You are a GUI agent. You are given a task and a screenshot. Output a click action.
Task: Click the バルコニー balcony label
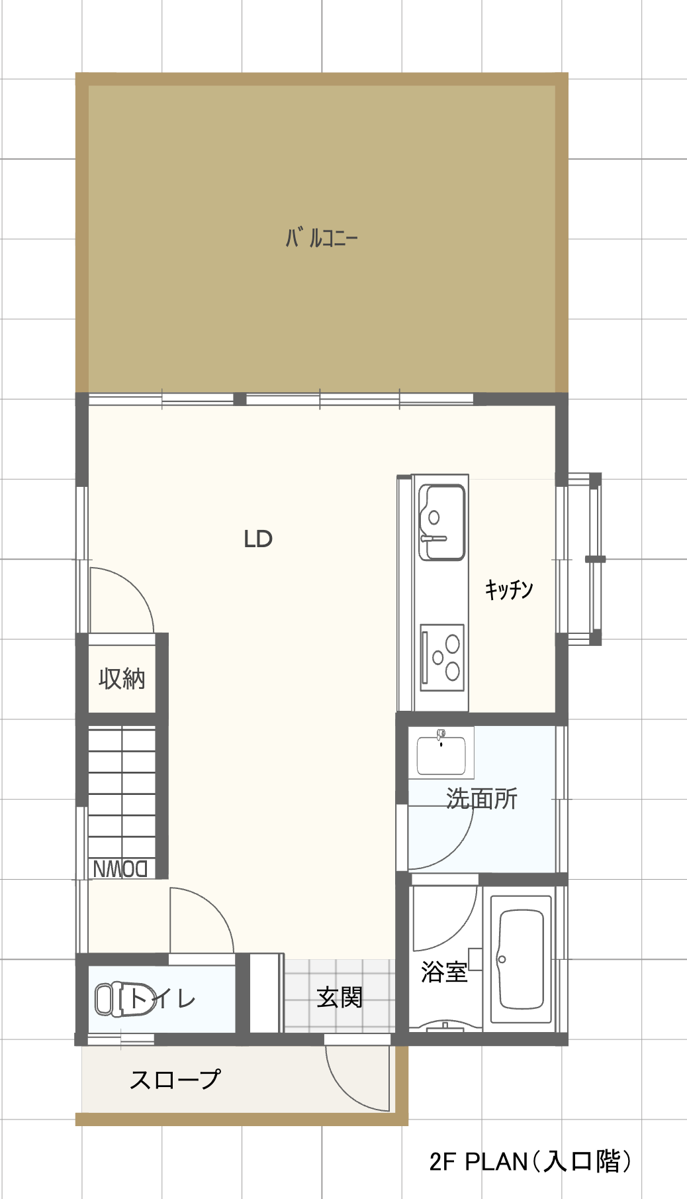click(322, 238)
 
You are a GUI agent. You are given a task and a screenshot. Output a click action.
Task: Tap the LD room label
click(258, 539)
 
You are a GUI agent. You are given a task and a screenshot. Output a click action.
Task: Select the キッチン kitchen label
click(509, 588)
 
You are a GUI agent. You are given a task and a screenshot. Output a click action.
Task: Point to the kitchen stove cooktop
click(442, 657)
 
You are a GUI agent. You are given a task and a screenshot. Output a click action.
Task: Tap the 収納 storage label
click(122, 678)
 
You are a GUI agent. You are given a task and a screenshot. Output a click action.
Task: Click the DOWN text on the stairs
click(120, 868)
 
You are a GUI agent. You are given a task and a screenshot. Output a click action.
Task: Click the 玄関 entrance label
click(340, 997)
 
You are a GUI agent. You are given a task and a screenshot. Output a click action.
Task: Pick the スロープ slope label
click(175, 1079)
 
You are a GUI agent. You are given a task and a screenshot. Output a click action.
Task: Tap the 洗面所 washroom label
click(482, 798)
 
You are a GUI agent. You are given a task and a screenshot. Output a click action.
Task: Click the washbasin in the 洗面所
click(441, 753)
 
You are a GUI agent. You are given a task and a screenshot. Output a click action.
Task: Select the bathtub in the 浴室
click(521, 960)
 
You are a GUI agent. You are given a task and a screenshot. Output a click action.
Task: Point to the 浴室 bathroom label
click(444, 972)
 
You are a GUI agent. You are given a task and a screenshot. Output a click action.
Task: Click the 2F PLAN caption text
click(530, 1161)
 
